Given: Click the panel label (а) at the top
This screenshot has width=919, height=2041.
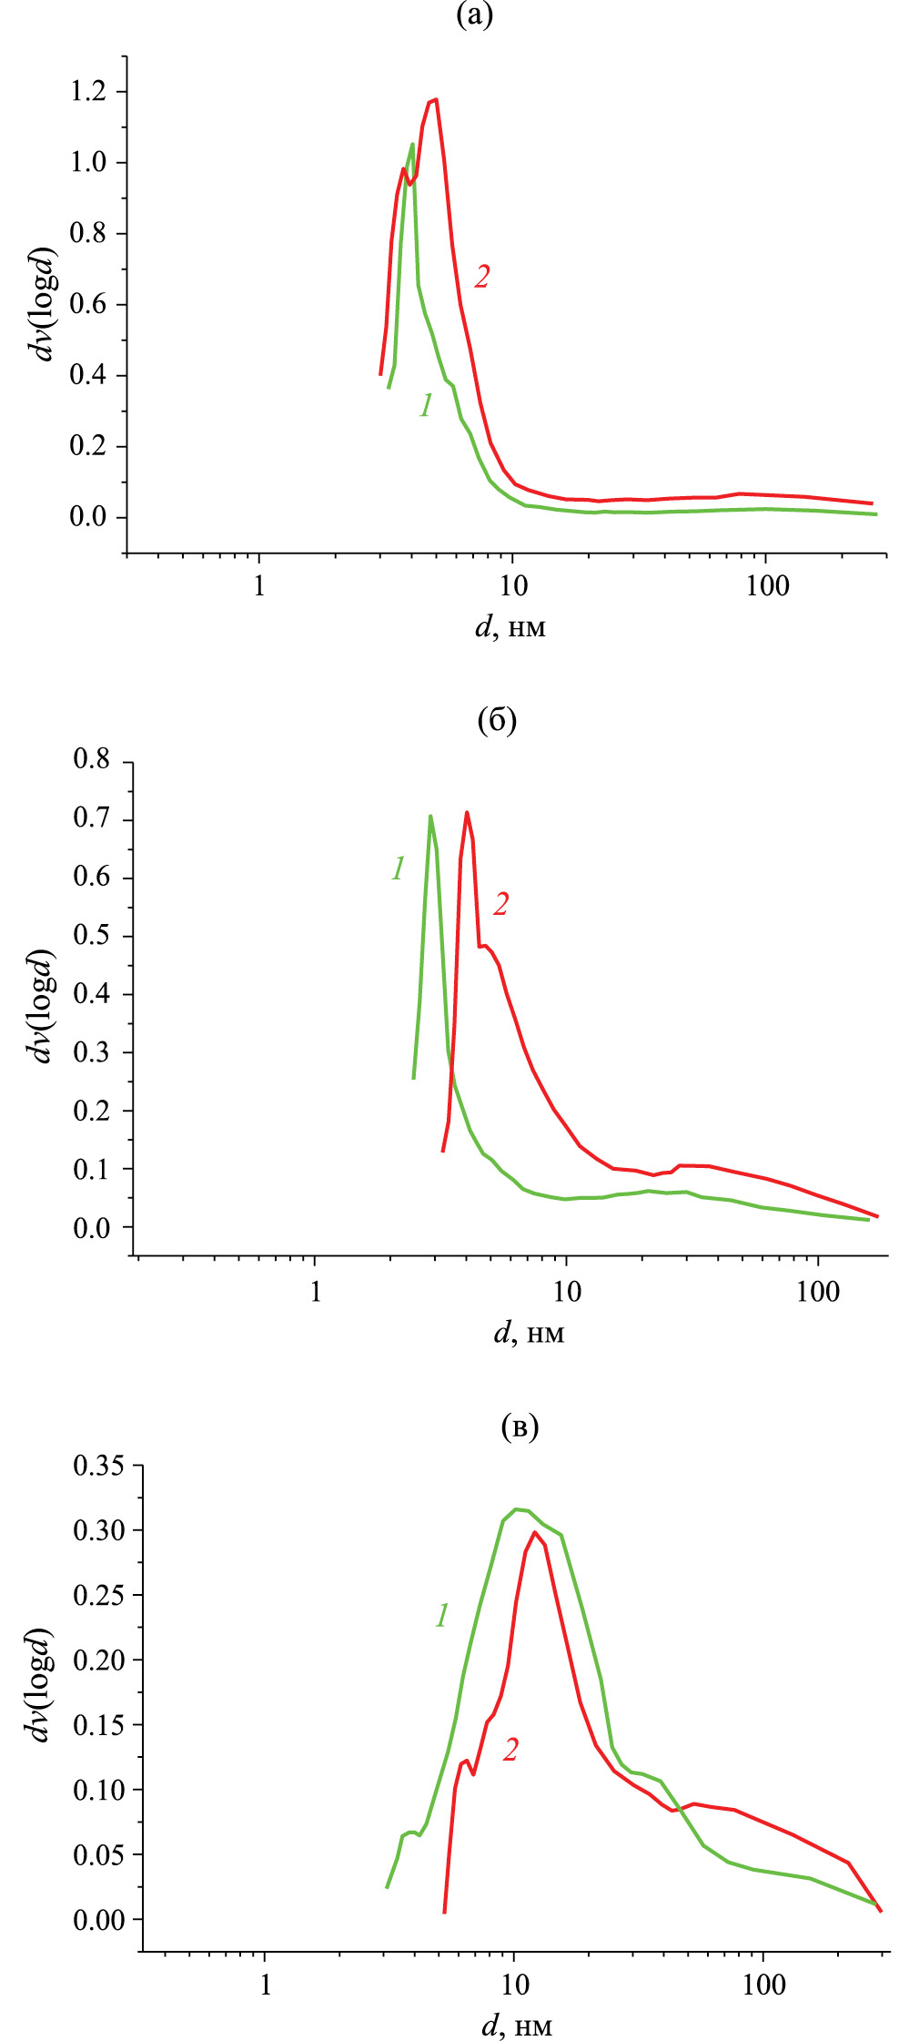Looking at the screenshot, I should tap(474, 15).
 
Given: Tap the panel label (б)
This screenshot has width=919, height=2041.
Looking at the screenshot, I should tap(497, 720).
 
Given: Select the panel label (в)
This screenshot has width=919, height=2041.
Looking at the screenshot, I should tap(520, 1427).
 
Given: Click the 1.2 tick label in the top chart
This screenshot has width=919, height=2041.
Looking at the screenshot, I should tap(88, 92).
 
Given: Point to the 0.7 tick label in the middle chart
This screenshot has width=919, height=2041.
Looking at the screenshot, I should tap(91, 819).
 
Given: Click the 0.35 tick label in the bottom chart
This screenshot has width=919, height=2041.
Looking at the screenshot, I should tap(98, 1467).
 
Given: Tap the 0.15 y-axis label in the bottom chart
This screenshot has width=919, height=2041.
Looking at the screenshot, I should tap(98, 1725).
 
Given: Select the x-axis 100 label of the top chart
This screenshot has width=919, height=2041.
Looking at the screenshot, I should tap(767, 586).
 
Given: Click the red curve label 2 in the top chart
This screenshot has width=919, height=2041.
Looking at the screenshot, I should tap(481, 277).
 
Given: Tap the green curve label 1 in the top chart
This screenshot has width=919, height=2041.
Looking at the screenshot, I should tap(426, 405).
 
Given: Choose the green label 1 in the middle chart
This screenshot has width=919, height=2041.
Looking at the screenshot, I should tap(398, 869).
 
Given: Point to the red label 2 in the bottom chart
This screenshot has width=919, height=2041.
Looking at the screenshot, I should tap(510, 1749).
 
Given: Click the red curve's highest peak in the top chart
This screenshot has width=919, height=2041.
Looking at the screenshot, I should tap(436, 99).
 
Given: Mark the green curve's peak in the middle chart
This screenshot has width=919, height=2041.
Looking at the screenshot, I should tap(430, 816).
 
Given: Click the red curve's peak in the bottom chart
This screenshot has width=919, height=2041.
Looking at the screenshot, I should tap(534, 1532).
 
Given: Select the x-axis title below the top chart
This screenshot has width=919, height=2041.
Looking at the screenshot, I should tap(510, 627).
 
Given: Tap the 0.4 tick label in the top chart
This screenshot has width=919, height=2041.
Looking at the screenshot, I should tap(88, 375).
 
